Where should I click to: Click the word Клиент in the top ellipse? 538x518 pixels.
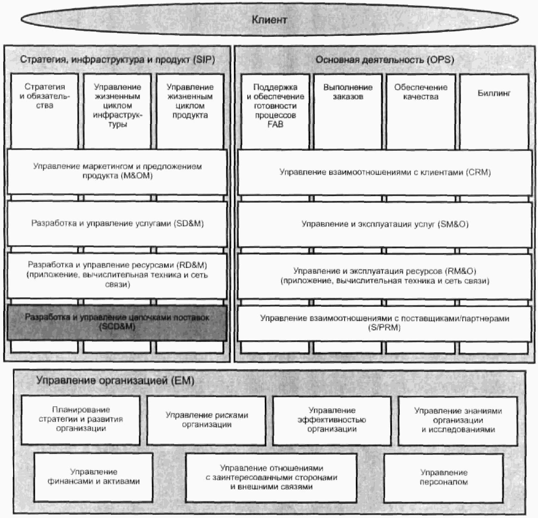269,20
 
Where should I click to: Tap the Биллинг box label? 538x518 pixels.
494,93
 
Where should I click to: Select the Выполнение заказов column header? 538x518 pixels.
348,92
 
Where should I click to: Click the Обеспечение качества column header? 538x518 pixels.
421,92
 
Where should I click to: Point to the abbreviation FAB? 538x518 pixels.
275,124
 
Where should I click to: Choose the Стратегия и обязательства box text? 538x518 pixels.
45,96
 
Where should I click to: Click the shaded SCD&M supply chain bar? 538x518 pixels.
117,322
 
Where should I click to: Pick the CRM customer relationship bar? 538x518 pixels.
385,172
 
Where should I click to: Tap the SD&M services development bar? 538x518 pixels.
117,223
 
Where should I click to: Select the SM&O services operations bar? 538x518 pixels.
385,224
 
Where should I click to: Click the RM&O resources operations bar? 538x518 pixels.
385,276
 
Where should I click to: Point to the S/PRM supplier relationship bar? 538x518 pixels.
385,323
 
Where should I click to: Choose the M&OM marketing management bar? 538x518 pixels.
117,171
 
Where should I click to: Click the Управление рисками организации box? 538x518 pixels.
207,420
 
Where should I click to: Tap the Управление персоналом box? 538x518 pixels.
444,477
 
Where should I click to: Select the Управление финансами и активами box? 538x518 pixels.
94,477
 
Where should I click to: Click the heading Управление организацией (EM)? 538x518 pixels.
115,381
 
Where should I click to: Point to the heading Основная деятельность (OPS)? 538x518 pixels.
385,60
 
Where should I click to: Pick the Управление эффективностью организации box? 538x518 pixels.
332,420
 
